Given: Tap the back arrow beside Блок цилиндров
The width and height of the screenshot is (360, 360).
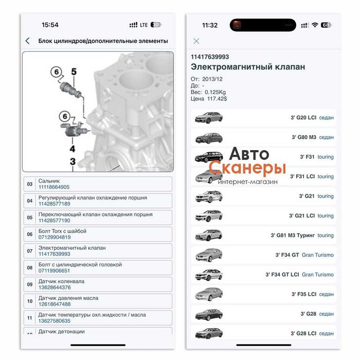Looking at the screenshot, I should (27, 41).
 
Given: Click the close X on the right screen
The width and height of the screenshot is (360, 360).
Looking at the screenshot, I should (196, 41).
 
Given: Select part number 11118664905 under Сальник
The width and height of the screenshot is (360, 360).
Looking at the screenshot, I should (54, 187).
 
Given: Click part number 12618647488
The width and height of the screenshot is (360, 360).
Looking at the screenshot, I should (54, 304).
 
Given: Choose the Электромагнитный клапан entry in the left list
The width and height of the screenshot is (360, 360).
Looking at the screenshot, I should (71, 248).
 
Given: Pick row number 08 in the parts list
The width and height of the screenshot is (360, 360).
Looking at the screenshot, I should (29, 267).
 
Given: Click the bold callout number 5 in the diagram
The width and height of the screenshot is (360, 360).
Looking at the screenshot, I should (74, 72).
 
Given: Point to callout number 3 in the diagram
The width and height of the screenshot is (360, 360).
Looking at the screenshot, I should (73, 162).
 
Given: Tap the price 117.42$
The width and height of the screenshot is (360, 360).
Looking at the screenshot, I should (217, 98).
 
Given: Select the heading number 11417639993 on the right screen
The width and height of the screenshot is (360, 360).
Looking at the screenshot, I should (210, 57).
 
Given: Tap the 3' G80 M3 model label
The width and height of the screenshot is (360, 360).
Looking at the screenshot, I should (303, 137).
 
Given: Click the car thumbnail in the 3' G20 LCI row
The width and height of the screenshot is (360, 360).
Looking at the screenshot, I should (208, 117).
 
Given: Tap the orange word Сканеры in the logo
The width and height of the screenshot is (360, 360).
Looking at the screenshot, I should (247, 168).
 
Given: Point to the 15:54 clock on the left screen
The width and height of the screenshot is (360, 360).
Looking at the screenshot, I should (50, 25).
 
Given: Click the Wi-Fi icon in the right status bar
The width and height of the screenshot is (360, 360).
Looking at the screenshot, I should (314, 25).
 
